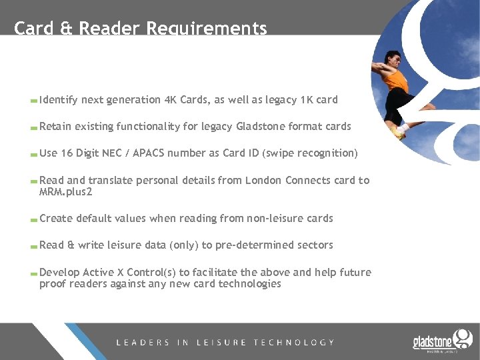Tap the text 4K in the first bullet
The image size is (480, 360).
pyautogui.click(x=171, y=100)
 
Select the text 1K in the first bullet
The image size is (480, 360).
pyautogui.click(x=307, y=100)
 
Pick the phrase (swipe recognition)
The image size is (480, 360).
pyautogui.click(x=311, y=153)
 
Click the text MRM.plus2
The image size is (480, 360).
pyautogui.click(x=65, y=193)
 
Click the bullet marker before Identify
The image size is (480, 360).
pyautogui.click(x=33, y=101)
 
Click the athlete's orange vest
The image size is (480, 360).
pyautogui.click(x=397, y=80)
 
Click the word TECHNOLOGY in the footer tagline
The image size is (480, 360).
pyautogui.click(x=294, y=343)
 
